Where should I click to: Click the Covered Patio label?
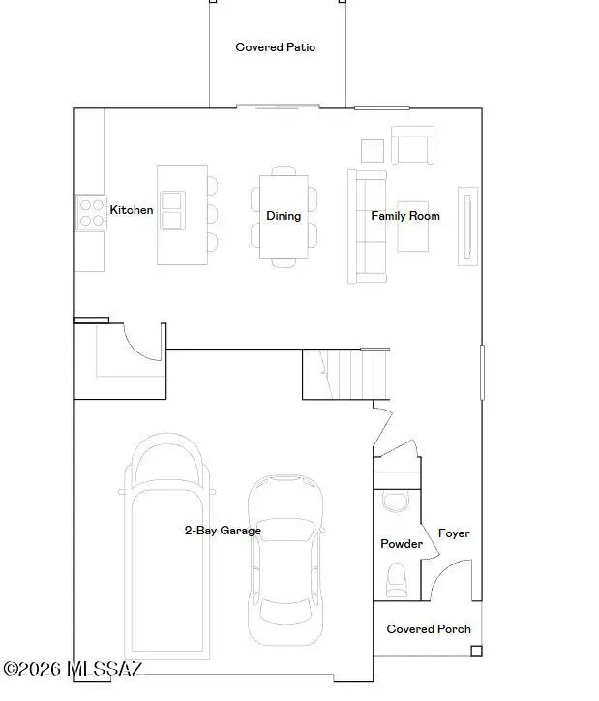click(275, 46)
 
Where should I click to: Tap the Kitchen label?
click(132, 210)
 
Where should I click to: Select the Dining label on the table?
click(284, 216)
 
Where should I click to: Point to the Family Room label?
click(405, 216)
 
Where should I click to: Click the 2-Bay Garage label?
click(223, 531)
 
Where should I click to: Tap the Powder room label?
click(402, 543)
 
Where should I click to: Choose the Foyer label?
click(454, 533)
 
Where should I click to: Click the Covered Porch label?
click(429, 629)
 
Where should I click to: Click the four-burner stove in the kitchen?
click(91, 213)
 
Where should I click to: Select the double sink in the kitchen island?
click(172, 210)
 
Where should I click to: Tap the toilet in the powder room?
click(396, 580)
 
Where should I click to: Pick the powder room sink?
click(396, 503)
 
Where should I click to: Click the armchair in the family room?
click(413, 145)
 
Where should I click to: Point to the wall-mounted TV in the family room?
click(467, 227)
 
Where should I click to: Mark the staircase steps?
click(346, 374)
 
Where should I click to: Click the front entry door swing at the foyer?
click(450, 580)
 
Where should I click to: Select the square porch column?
click(477, 652)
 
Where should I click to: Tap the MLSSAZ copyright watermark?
click(73, 669)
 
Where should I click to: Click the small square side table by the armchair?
click(373, 151)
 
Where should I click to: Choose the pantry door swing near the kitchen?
click(142, 342)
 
